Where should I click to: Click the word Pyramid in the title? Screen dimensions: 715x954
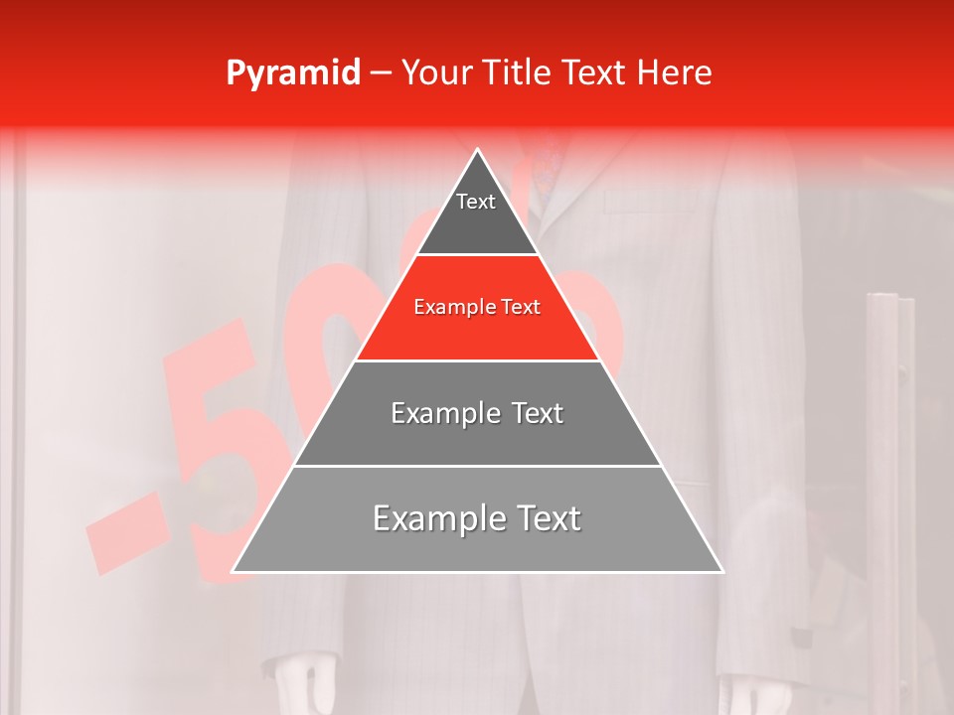[292, 73]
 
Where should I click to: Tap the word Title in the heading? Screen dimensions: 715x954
[521, 72]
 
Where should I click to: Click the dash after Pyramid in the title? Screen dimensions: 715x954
[380, 73]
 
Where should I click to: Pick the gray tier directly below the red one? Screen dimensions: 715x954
[477, 413]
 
